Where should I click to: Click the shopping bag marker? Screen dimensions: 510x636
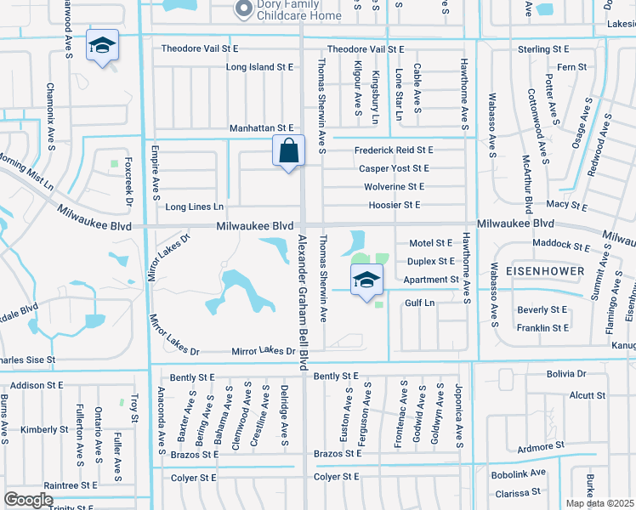click(x=289, y=151)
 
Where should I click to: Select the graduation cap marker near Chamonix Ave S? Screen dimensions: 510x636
click(x=102, y=46)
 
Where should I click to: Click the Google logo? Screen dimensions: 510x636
click(x=29, y=499)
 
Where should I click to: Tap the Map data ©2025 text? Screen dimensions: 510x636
click(x=600, y=503)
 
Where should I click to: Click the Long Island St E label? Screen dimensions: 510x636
click(x=259, y=66)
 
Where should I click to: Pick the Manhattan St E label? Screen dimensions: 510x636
click(x=261, y=128)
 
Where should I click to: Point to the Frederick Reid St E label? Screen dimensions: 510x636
click(x=394, y=150)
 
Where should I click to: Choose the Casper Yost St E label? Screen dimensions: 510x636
click(x=394, y=168)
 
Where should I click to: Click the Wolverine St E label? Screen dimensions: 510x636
click(x=394, y=186)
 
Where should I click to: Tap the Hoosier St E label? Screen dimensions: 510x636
click(x=395, y=205)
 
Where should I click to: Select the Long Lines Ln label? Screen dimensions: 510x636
click(x=194, y=207)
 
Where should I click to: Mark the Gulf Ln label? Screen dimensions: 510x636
click(x=420, y=303)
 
